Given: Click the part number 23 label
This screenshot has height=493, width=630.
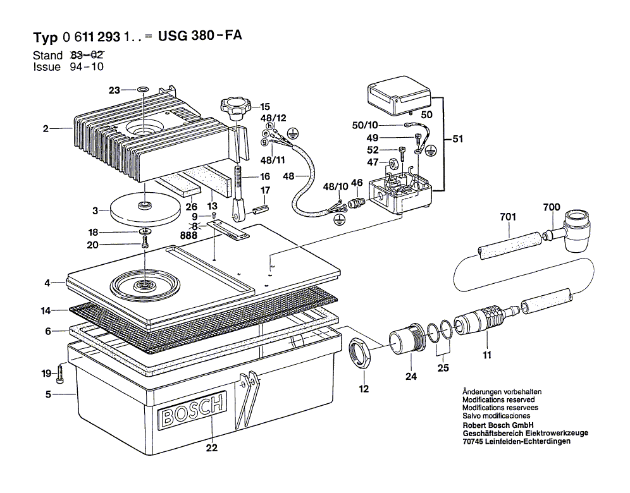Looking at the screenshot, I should point(114,90).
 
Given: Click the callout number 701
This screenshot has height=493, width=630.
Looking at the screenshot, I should point(508,217).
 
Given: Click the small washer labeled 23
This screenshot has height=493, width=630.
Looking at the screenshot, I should point(143,90).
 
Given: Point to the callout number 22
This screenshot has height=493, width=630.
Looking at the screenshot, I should point(211,448).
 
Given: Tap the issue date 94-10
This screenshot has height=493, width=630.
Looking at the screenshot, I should point(87,67).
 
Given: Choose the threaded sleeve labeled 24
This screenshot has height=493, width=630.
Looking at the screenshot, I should point(406,339).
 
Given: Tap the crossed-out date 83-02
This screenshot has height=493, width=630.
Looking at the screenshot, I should point(87,56).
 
